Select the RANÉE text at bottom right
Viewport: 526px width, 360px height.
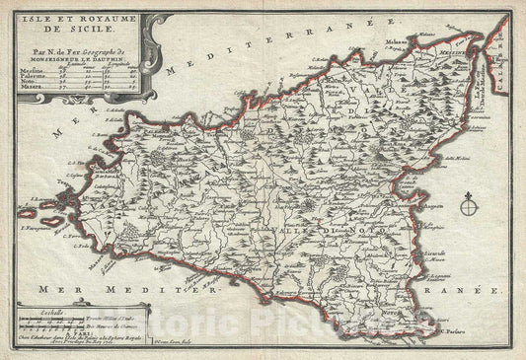pyautogui.click(x=460, y=293)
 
